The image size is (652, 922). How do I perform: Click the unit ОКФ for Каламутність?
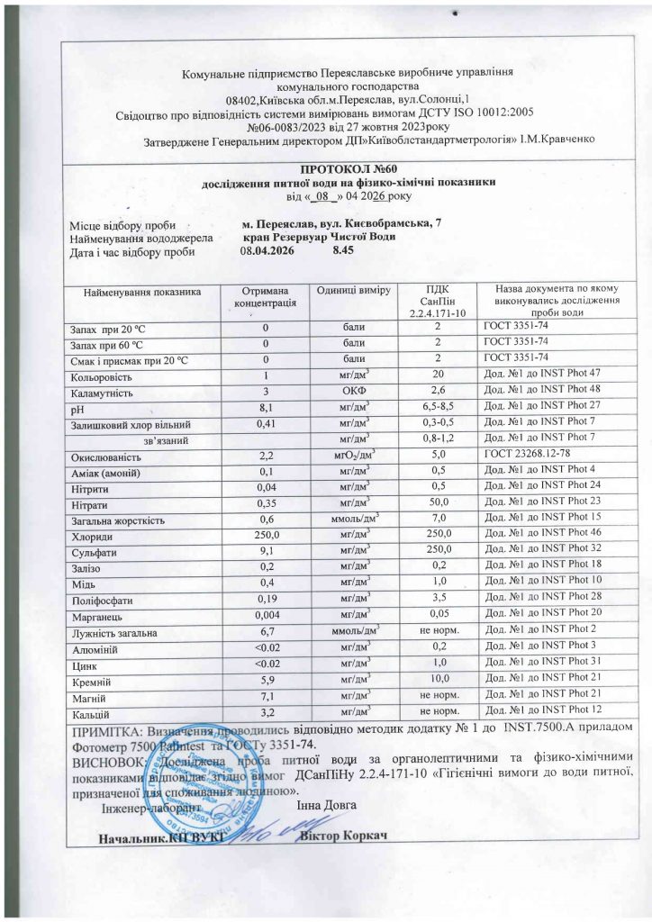click(353, 392)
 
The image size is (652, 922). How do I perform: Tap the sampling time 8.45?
click(343, 250)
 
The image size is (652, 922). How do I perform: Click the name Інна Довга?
click(327, 803)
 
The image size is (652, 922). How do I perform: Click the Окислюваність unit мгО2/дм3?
click(353, 456)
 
